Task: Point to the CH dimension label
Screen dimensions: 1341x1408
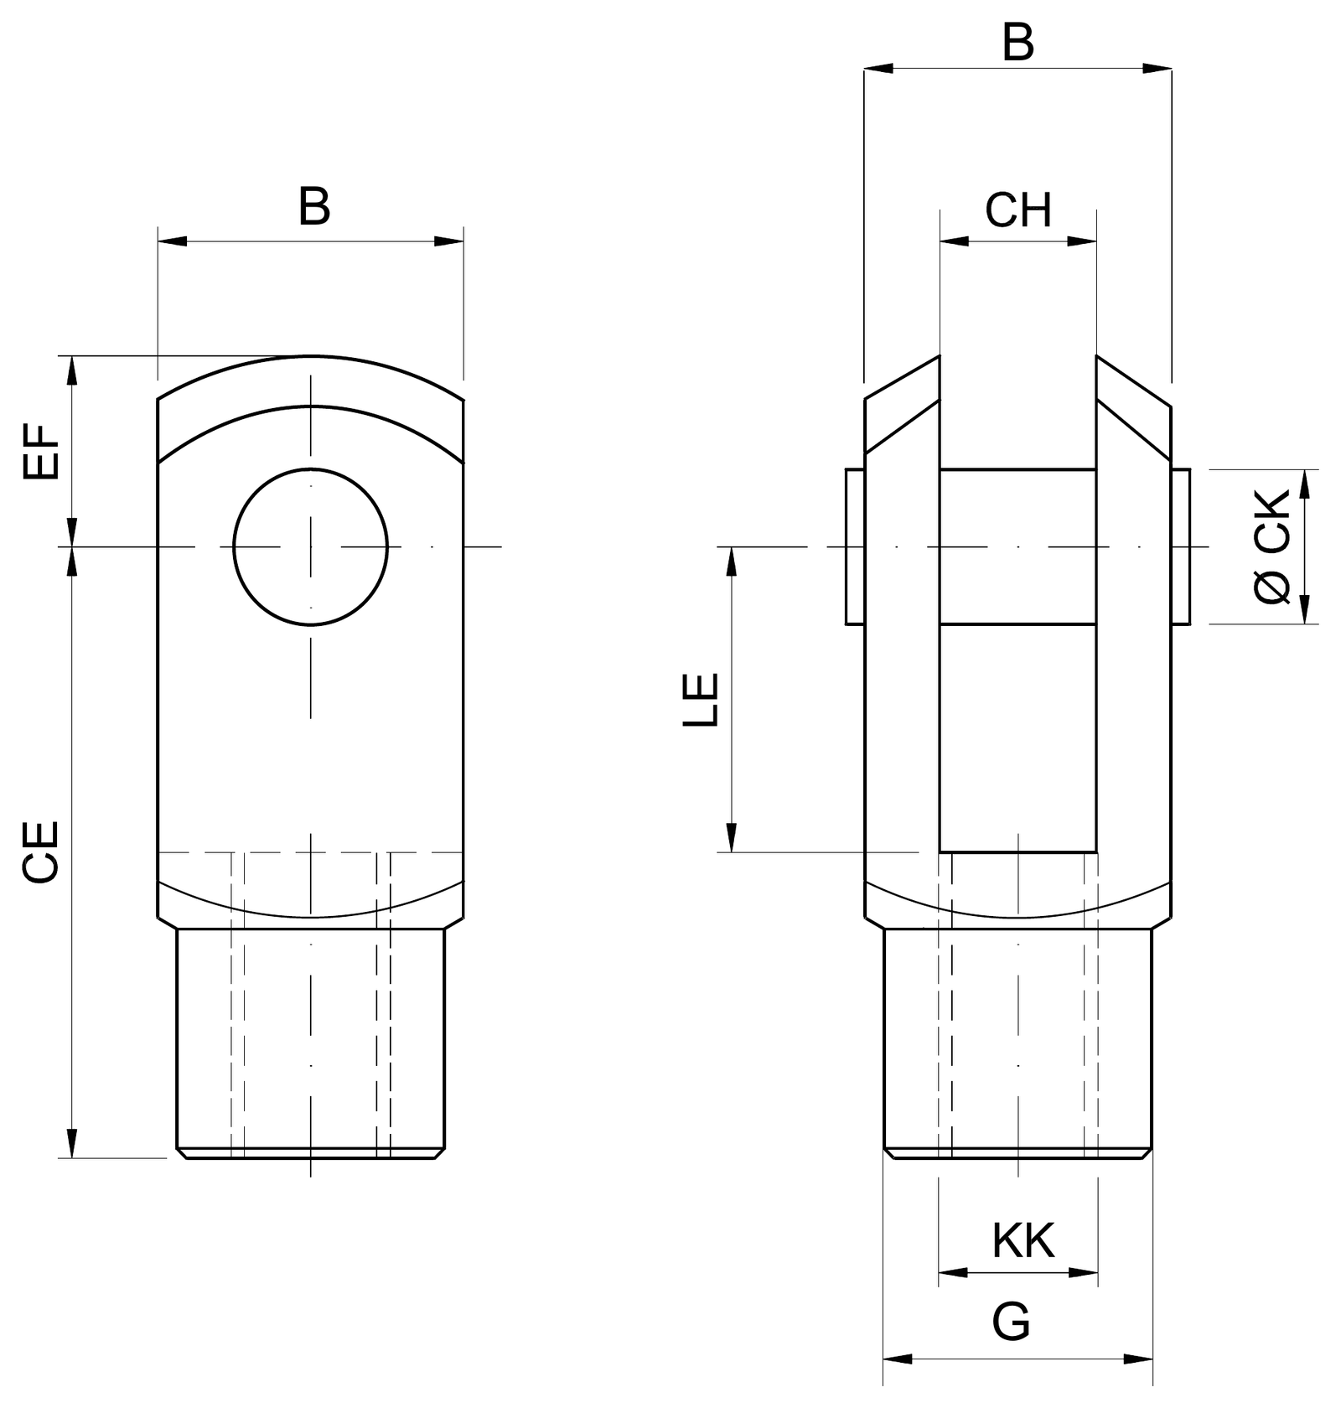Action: tap(1018, 210)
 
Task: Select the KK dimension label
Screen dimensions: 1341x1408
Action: tap(1023, 1240)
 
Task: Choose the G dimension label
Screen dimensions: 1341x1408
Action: tap(1011, 1323)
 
